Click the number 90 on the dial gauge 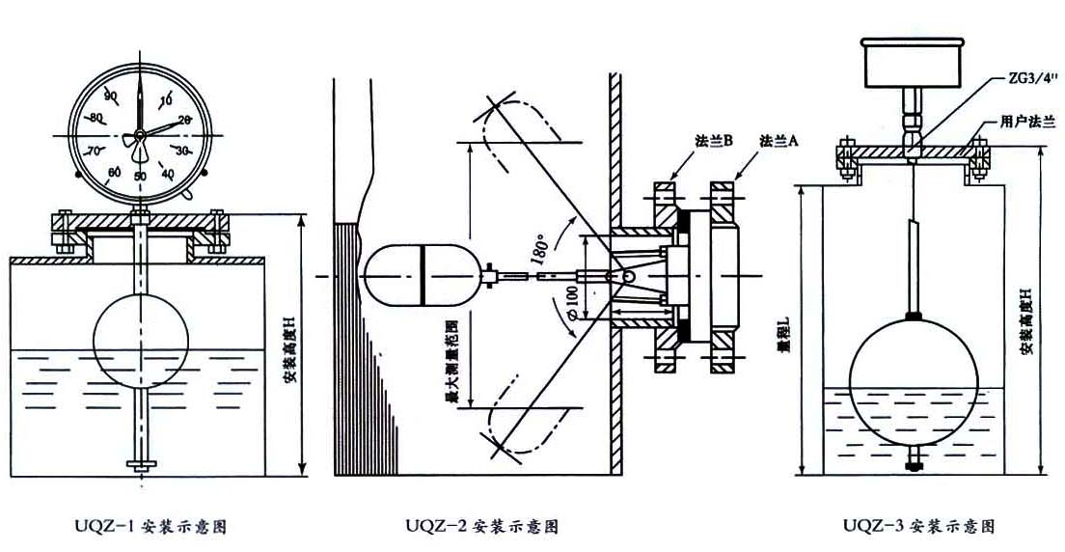(x=110, y=95)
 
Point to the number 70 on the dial (x=94, y=152)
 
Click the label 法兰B (x=715, y=140)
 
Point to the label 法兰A (x=779, y=140)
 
